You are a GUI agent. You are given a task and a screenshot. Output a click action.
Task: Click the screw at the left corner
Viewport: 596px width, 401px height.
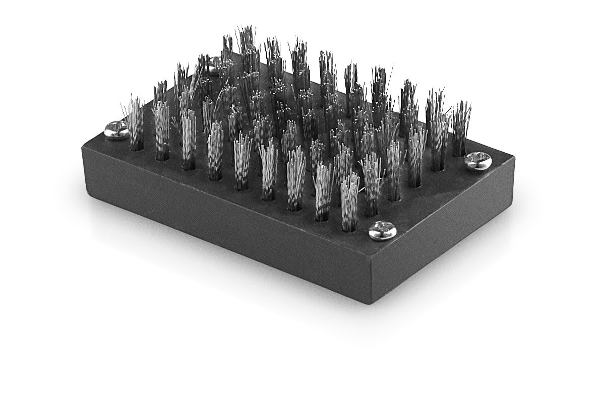(116, 130)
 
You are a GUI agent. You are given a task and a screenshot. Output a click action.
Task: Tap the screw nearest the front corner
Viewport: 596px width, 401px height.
(382, 230)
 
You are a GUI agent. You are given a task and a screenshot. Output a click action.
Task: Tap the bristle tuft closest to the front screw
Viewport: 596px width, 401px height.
(349, 202)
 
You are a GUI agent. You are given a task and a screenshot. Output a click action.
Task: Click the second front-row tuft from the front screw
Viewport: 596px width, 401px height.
(323, 192)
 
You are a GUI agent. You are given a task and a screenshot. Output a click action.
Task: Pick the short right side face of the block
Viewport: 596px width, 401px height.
(444, 237)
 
